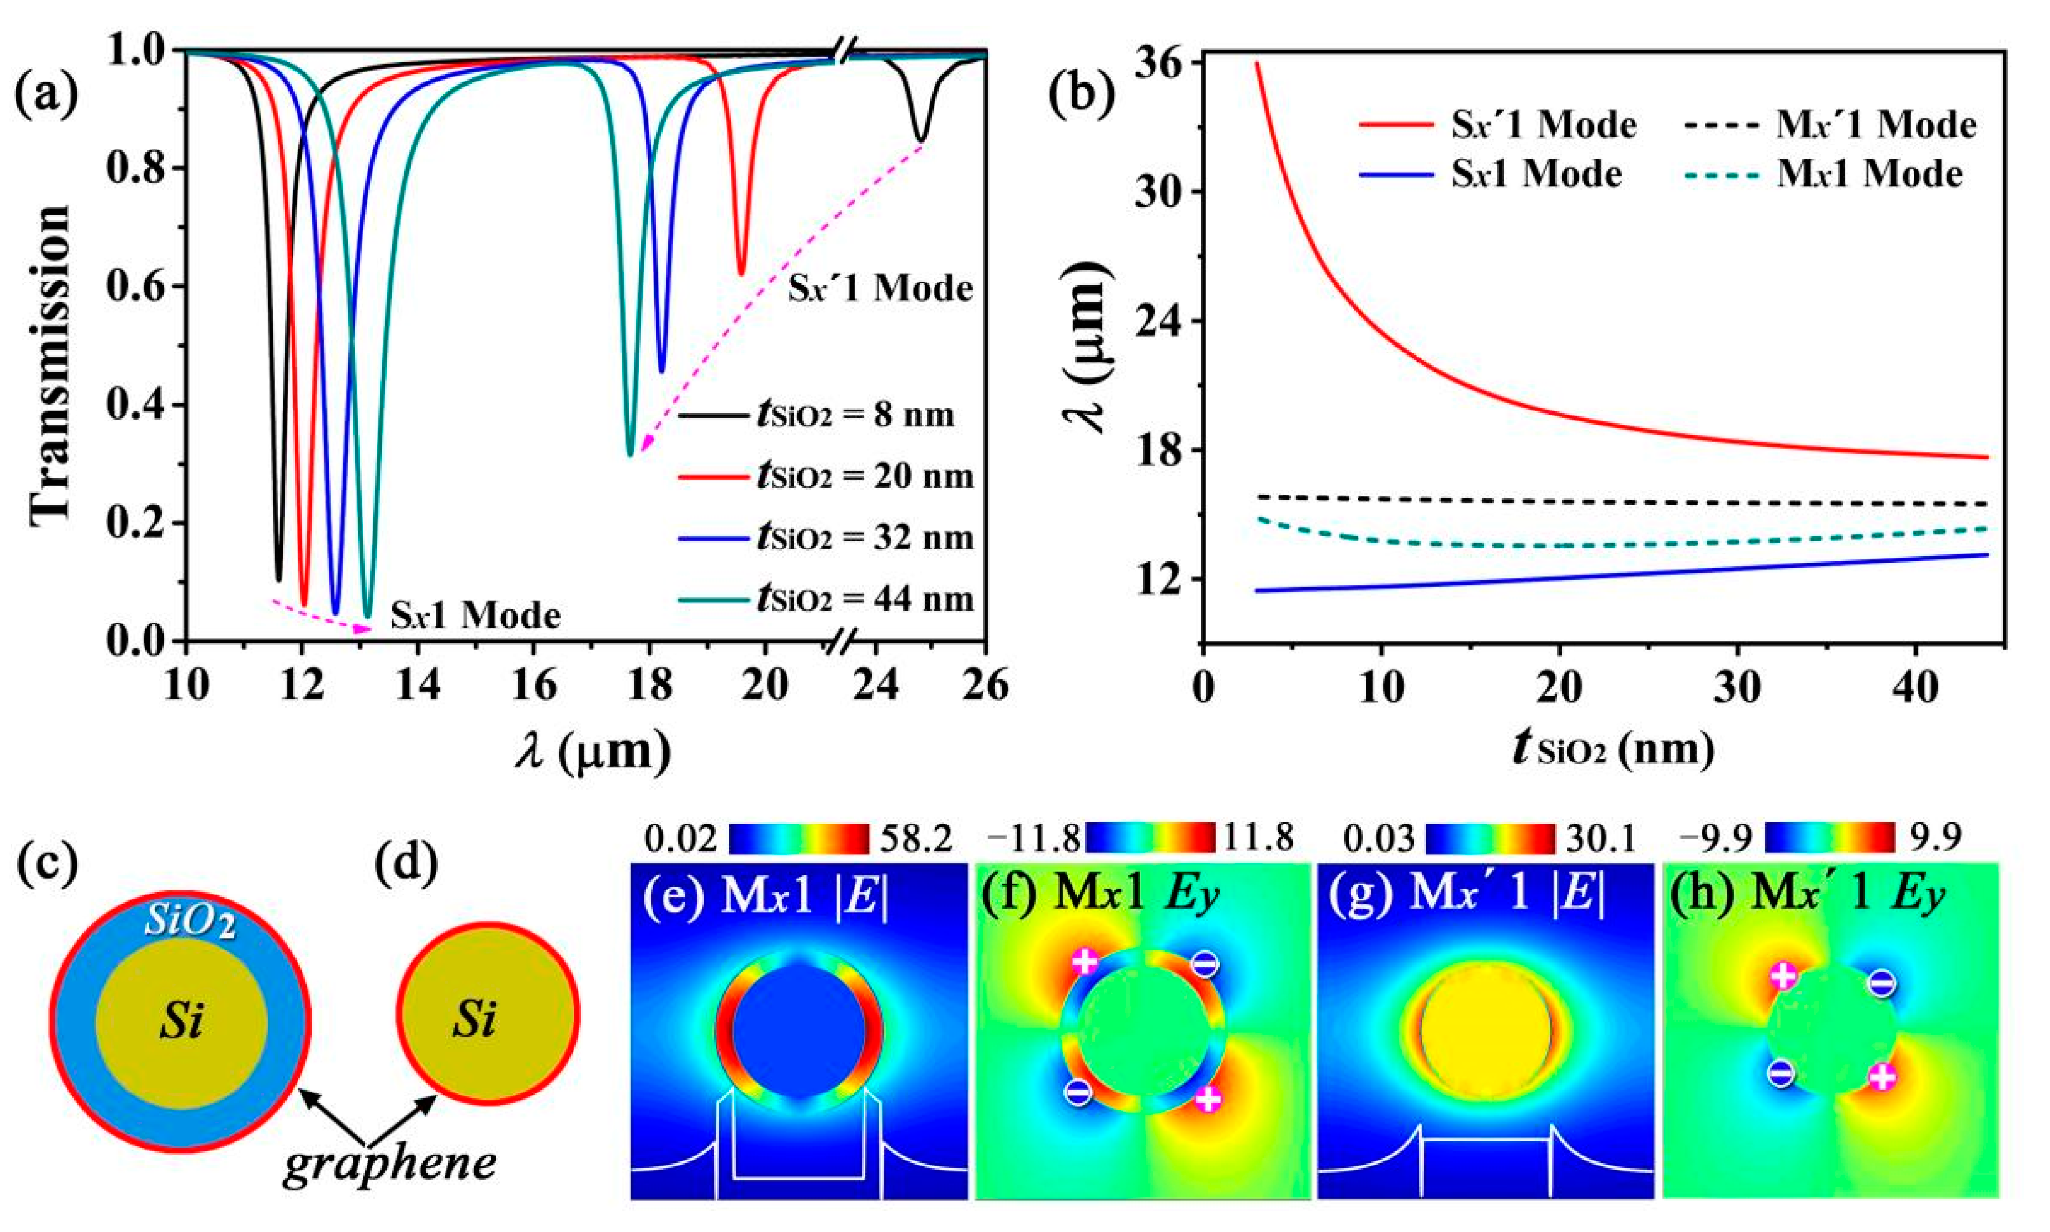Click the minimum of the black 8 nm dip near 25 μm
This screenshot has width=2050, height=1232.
pyautogui.click(x=920, y=140)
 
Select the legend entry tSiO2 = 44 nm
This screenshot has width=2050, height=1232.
pyautogui.click(x=826, y=599)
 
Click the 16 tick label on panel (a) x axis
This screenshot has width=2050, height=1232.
pyautogui.click(x=534, y=686)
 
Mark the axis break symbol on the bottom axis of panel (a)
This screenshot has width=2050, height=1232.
pyautogui.click(x=845, y=641)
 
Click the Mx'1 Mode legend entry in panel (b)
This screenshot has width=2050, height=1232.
pyautogui.click(x=1830, y=124)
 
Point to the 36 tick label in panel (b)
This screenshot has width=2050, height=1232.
pyautogui.click(x=1162, y=63)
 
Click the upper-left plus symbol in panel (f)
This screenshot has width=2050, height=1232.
pyautogui.click(x=1084, y=962)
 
